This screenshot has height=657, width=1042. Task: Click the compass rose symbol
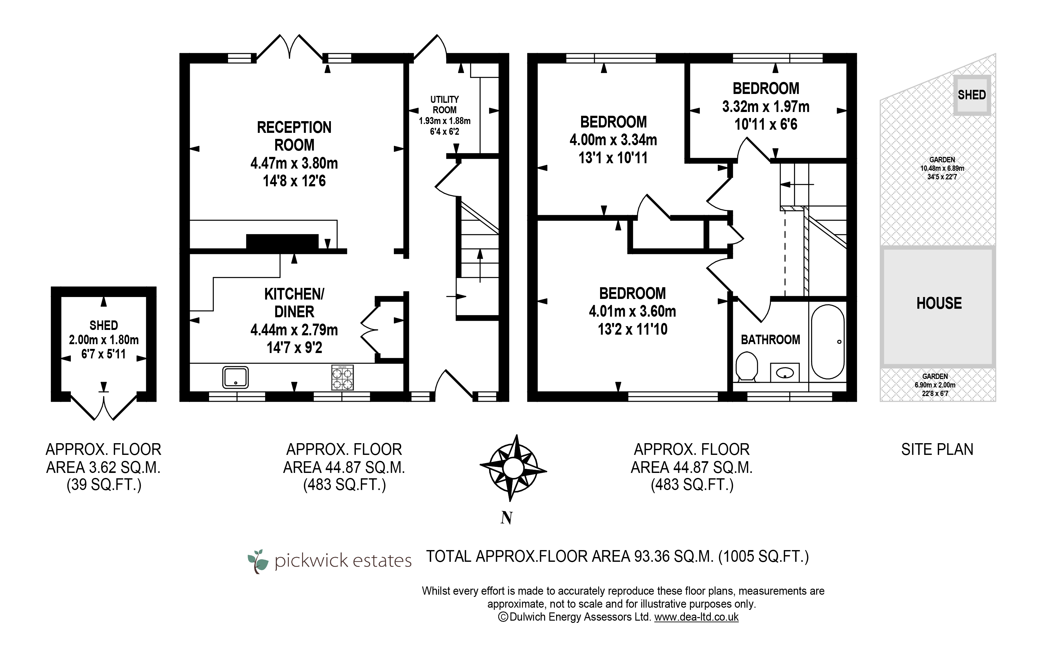pos(513,468)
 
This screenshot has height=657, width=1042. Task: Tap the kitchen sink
pos(235,377)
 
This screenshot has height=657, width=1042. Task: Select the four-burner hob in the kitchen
pos(342,377)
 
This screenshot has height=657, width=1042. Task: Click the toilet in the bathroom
pos(747,367)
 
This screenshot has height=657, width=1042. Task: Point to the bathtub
pos(828,342)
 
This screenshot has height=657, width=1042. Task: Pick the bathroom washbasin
pos(785,372)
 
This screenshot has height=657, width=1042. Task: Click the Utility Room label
pos(444,105)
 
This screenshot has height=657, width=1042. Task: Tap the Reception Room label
pos(294,136)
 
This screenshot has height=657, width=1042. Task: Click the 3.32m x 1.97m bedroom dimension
pos(766,107)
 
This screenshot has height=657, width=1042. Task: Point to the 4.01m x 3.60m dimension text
pos(632,311)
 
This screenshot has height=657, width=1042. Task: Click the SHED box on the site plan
pos(971,95)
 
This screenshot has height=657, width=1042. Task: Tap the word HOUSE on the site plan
pos(939,303)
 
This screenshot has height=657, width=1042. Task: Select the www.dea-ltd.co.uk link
pos(696,617)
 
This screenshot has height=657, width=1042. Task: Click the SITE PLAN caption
pos(937,450)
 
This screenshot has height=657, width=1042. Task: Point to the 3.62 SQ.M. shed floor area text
pos(103,468)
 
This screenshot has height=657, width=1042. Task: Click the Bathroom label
pos(770,340)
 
